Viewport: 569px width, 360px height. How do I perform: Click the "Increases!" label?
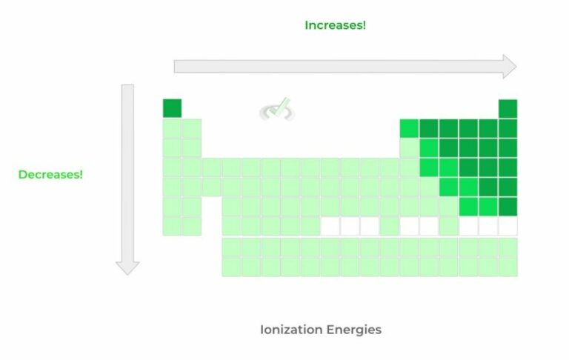pyautogui.click(x=335, y=25)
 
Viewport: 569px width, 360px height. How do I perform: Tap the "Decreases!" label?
pyautogui.click(x=50, y=175)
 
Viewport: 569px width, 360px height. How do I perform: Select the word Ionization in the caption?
pyautogui.click(x=291, y=329)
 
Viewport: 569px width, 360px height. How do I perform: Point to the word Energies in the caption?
pyautogui.click(x=353, y=329)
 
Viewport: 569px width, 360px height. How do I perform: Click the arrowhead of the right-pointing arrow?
pyautogui.click(x=509, y=66)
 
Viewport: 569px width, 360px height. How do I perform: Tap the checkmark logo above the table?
pyautogui.click(x=277, y=110)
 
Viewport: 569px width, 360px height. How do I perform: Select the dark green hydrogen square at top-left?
pyautogui.click(x=172, y=108)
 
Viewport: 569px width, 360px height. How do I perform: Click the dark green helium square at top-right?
pyautogui.click(x=508, y=108)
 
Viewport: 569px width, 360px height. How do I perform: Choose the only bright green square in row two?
pyautogui.click(x=409, y=128)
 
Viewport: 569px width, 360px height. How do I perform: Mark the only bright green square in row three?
pyautogui.click(x=429, y=147)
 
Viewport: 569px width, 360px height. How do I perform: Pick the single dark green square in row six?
pyautogui.click(x=508, y=206)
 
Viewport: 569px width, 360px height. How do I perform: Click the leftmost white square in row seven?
pyautogui.click(x=330, y=225)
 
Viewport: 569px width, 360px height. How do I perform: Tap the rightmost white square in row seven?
pyautogui.click(x=508, y=225)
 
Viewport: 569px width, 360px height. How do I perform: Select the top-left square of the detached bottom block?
pyautogui.click(x=231, y=247)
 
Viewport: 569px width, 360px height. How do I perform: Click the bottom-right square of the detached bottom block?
pyautogui.click(x=508, y=266)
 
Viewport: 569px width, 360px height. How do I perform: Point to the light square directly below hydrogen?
pyautogui.click(x=172, y=128)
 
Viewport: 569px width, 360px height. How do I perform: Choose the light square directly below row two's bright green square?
pyautogui.click(x=409, y=147)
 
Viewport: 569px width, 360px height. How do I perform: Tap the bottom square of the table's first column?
pyautogui.click(x=172, y=225)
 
